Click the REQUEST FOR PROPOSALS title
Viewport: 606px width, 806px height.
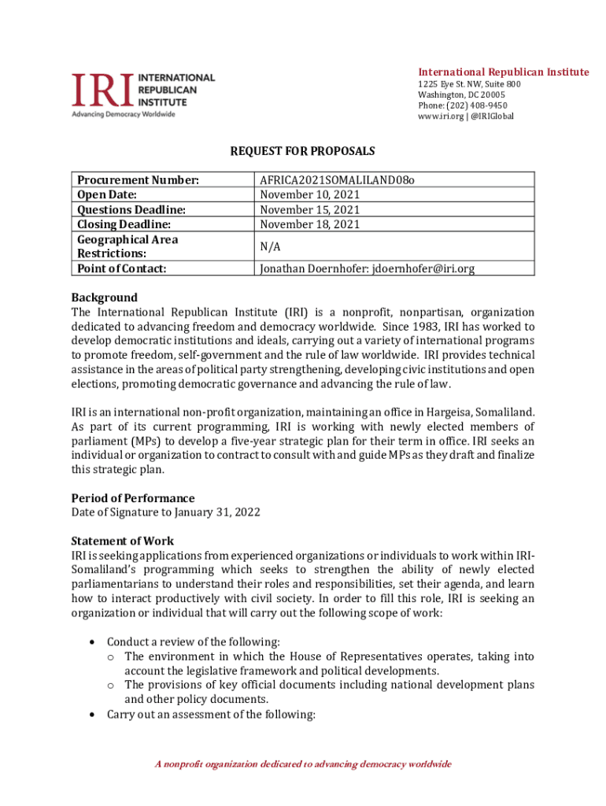[x=302, y=150]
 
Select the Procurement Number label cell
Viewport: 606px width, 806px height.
[x=137, y=180]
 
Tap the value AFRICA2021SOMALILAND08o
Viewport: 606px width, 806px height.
[x=338, y=180]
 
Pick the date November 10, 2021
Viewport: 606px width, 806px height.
[x=310, y=194]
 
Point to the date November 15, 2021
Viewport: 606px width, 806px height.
[x=310, y=209]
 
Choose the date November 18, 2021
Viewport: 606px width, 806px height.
[x=310, y=224]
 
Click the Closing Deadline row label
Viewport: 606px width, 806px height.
[x=124, y=224]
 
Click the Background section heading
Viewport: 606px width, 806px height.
[x=104, y=298]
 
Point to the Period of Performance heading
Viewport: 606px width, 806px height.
[x=133, y=498]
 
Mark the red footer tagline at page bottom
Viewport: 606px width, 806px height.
[x=302, y=764]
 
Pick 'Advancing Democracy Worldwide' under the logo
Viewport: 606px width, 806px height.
[x=124, y=114]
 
